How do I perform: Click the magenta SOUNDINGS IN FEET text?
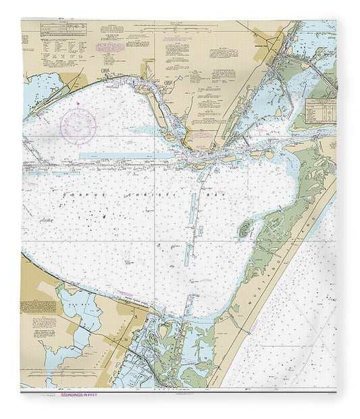pos(79,392)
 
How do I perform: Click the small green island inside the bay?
pos(245,230)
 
